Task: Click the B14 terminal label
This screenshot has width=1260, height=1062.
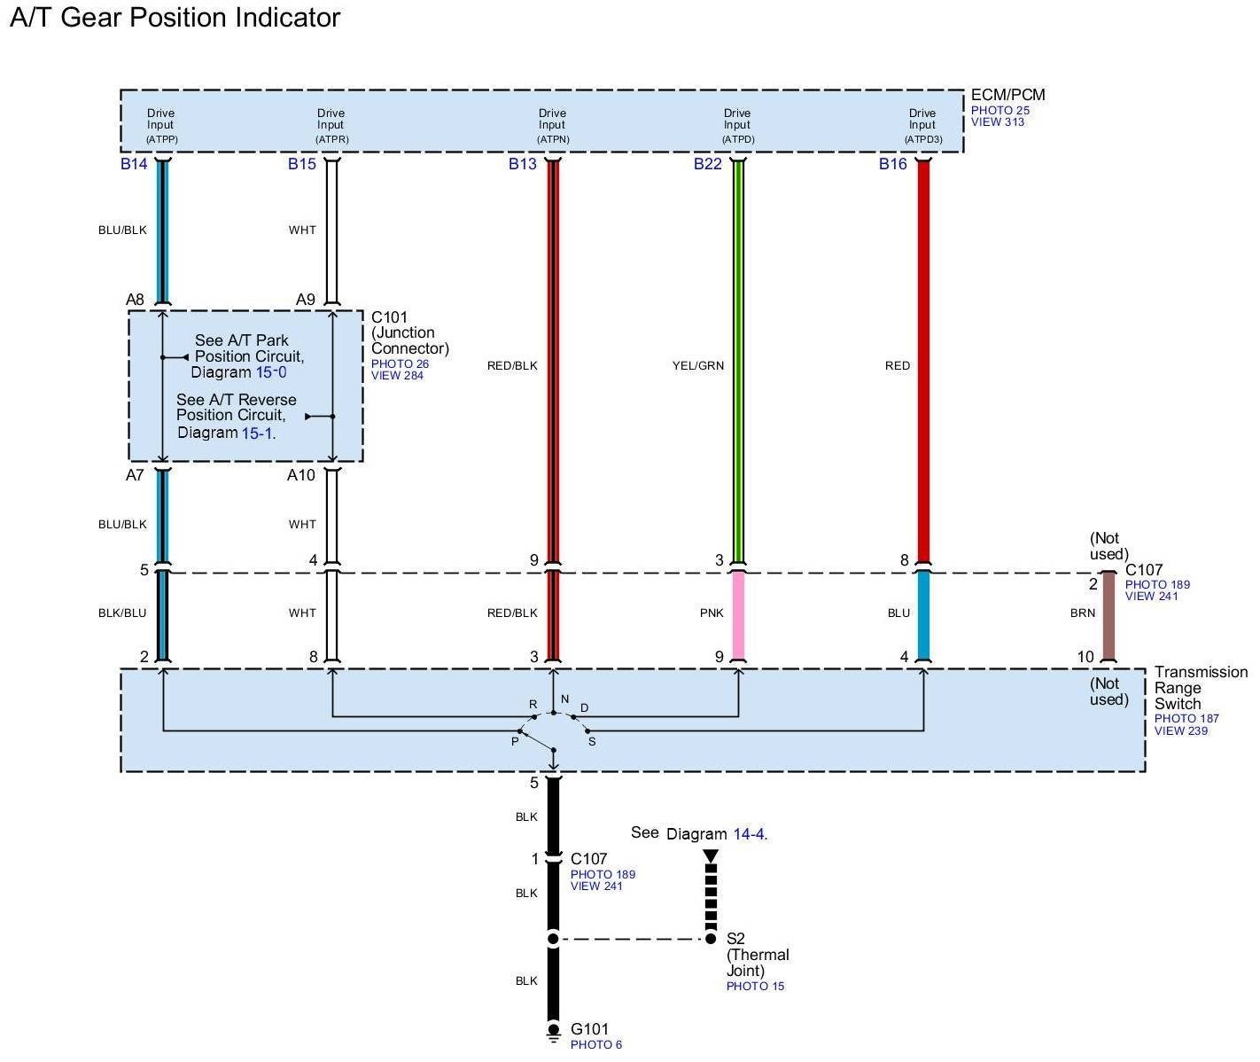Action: pyautogui.click(x=134, y=164)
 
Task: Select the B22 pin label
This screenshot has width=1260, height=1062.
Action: pyautogui.click(x=707, y=164)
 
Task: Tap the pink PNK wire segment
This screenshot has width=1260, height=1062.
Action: pyautogui.click(x=738, y=617)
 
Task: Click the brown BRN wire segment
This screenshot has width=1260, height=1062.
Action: pyautogui.click(x=1108, y=617)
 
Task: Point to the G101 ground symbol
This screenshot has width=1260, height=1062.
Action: pyautogui.click(x=553, y=1031)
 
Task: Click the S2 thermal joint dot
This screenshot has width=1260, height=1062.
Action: pyautogui.click(x=711, y=939)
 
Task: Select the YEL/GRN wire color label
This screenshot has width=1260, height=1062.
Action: pyautogui.click(x=698, y=365)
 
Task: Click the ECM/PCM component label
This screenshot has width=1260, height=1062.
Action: pyautogui.click(x=1007, y=95)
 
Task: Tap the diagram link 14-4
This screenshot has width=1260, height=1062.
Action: pyautogui.click(x=749, y=834)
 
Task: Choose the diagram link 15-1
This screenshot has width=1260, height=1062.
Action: pyautogui.click(x=258, y=433)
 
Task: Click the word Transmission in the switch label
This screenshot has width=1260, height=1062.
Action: pyautogui.click(x=1201, y=672)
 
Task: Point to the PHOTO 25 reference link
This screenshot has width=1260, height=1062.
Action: pyautogui.click(x=999, y=111)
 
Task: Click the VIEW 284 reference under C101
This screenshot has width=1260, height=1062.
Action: pyautogui.click(x=397, y=376)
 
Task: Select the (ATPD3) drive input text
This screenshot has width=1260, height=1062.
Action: pyautogui.click(x=922, y=139)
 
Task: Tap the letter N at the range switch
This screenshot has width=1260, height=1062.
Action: pyautogui.click(x=564, y=699)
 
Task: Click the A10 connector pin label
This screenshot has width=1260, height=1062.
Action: pyautogui.click(x=300, y=475)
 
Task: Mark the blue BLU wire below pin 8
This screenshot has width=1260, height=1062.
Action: pyautogui.click(x=923, y=617)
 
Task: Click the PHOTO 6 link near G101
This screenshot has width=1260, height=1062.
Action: pyautogui.click(x=595, y=1045)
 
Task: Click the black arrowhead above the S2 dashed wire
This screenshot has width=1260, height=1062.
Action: pyautogui.click(x=711, y=856)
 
